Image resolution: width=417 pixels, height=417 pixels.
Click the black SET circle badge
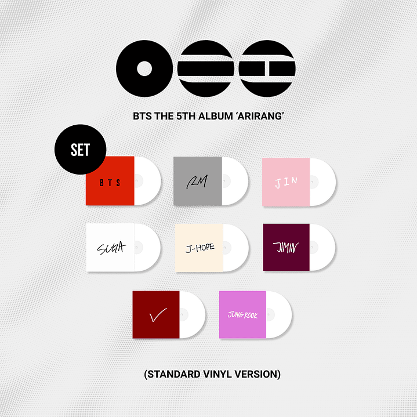pos(80,149)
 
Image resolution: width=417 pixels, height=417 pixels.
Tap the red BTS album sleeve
pos(110,180)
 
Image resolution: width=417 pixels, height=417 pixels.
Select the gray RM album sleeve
pos(197,180)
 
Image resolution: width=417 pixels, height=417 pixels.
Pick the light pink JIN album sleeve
pos(285,180)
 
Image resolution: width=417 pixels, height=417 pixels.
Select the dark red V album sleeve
pos(157,314)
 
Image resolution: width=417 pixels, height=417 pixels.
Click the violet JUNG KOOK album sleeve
pos(242,314)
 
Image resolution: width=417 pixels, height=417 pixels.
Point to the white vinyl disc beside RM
pos(237,180)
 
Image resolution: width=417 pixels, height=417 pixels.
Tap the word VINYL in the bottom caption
pos(217,374)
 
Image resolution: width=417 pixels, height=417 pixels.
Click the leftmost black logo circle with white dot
pos(144,68)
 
